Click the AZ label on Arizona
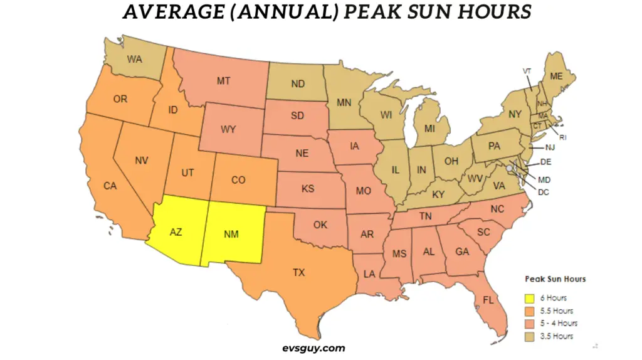(x=176, y=231)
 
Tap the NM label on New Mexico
(x=231, y=234)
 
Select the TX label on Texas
(x=299, y=272)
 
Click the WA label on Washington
(x=134, y=60)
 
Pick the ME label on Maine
(x=556, y=76)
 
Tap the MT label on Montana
(x=222, y=80)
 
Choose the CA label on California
(x=110, y=186)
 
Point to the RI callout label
(x=562, y=136)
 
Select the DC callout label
(x=543, y=192)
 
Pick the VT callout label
(x=527, y=71)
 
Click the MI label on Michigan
(x=429, y=129)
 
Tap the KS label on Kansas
(x=307, y=188)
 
